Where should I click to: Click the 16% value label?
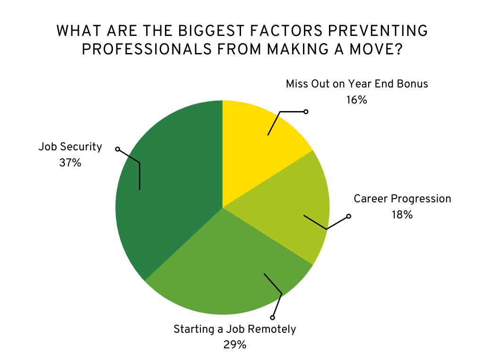click(356, 100)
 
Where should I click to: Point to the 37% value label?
click(70, 163)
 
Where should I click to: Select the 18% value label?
click(402, 215)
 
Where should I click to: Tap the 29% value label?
click(234, 345)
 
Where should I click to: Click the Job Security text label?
click(70, 147)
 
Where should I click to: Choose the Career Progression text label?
click(402, 199)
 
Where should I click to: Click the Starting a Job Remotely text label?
click(234, 328)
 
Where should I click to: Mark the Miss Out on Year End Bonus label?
click(356, 84)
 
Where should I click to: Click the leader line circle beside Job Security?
click(118, 149)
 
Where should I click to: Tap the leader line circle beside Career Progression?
click(349, 216)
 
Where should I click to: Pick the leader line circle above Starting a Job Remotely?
click(272, 317)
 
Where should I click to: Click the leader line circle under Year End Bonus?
click(306, 112)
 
